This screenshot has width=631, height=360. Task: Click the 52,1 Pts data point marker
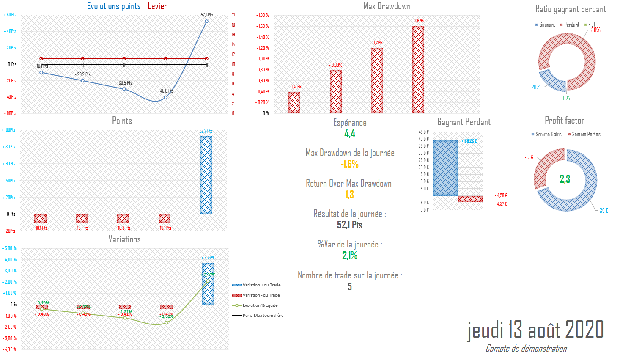(206, 21)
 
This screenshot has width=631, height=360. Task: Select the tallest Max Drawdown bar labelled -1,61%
(418, 70)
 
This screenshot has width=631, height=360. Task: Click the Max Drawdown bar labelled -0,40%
(294, 102)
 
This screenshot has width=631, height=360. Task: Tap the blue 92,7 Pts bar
(206, 175)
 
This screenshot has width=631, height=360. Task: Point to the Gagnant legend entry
(545, 25)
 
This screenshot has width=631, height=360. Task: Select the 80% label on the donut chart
(595, 30)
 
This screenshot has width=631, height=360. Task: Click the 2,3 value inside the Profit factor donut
(565, 179)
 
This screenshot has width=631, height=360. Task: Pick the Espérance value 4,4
(350, 134)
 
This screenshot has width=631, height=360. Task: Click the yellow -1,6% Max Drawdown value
(350, 164)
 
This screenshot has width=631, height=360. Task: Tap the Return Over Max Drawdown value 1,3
(350, 195)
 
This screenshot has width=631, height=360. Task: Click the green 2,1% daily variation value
(350, 256)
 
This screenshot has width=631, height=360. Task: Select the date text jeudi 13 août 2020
(535, 330)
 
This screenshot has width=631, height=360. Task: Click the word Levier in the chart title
(157, 6)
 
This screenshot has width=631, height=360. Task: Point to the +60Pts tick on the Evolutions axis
(10, 15)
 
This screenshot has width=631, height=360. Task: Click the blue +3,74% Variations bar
(208, 283)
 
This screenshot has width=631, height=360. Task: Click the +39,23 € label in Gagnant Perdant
(469, 141)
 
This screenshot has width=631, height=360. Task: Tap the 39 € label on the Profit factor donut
(604, 211)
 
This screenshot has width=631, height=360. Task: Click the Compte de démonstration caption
(526, 348)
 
